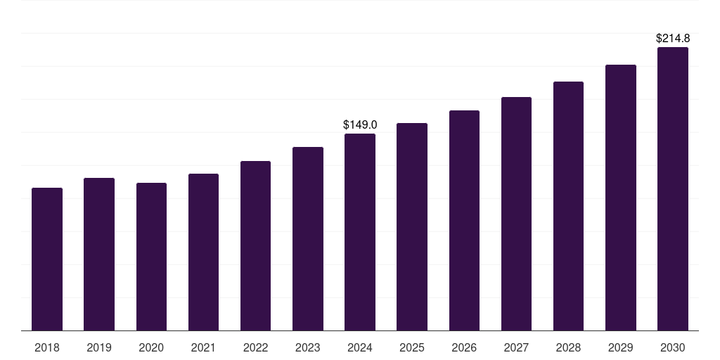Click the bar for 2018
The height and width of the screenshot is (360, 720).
point(47,259)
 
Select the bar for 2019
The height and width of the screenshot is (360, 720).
point(99,255)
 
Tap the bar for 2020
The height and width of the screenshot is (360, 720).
point(151,257)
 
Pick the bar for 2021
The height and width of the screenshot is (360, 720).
point(203,252)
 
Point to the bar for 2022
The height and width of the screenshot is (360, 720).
point(255,246)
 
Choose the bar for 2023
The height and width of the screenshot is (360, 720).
point(308,239)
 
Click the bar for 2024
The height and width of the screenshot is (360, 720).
point(360,232)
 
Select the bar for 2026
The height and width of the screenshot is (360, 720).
point(464,221)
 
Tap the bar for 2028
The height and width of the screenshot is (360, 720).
point(568,206)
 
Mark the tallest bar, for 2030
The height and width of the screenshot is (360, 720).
point(673,189)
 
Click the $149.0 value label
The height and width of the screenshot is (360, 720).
point(360,124)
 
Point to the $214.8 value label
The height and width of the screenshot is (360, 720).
point(673,38)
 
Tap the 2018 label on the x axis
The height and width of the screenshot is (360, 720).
point(47,347)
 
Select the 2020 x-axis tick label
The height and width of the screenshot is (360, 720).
point(151,347)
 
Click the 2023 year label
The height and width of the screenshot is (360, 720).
point(308,347)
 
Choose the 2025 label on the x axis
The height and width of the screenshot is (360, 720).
point(412,347)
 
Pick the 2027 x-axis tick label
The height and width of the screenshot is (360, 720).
point(516,347)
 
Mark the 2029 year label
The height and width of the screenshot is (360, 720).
point(621,347)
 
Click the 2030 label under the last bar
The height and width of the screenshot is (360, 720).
point(673,347)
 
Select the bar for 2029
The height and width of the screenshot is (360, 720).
point(621,198)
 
